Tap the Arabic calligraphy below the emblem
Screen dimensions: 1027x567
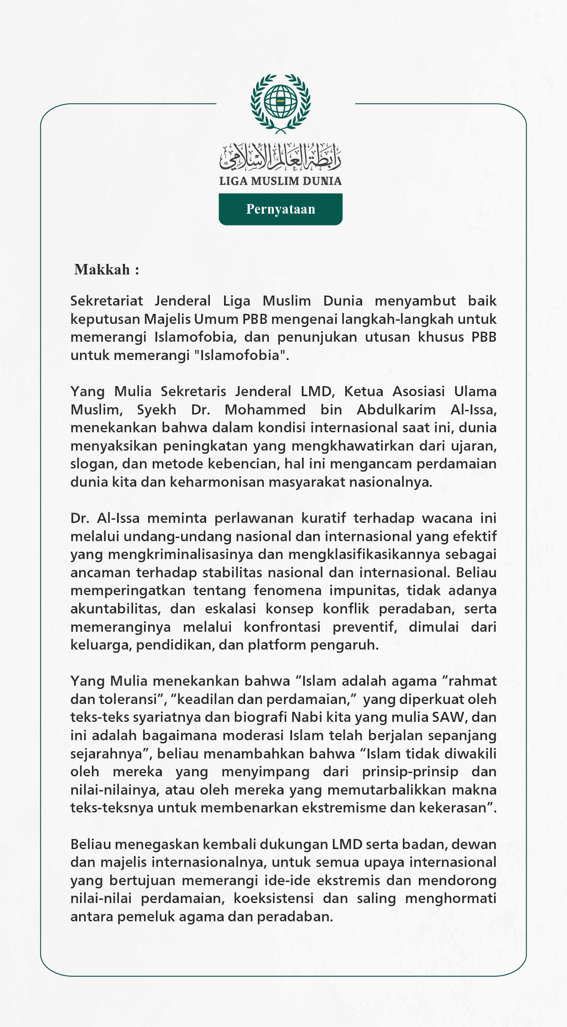(280, 156)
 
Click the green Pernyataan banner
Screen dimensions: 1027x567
(280, 209)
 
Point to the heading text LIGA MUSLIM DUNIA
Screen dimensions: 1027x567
(280, 181)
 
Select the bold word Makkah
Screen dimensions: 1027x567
(102, 269)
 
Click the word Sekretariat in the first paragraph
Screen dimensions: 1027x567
(107, 301)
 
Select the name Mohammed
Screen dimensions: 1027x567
(265, 409)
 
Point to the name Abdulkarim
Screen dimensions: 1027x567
(396, 409)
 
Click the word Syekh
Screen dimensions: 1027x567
(156, 409)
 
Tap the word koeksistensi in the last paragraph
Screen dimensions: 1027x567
(273, 898)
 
